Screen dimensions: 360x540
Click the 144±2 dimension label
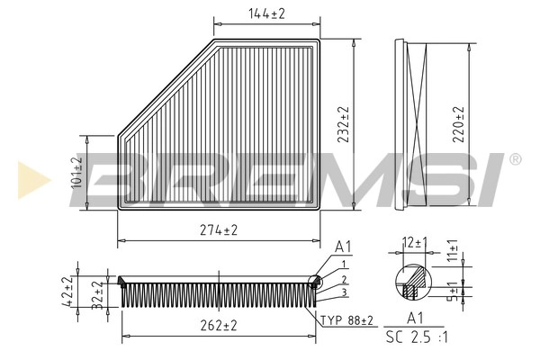[x=266, y=13]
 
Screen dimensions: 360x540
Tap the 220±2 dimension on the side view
[x=460, y=126]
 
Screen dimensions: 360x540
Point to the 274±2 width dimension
[x=218, y=231]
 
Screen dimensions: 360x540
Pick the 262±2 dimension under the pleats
[x=218, y=326]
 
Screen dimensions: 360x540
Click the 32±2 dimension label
[x=97, y=293]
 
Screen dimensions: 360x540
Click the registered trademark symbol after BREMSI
[x=514, y=159]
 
